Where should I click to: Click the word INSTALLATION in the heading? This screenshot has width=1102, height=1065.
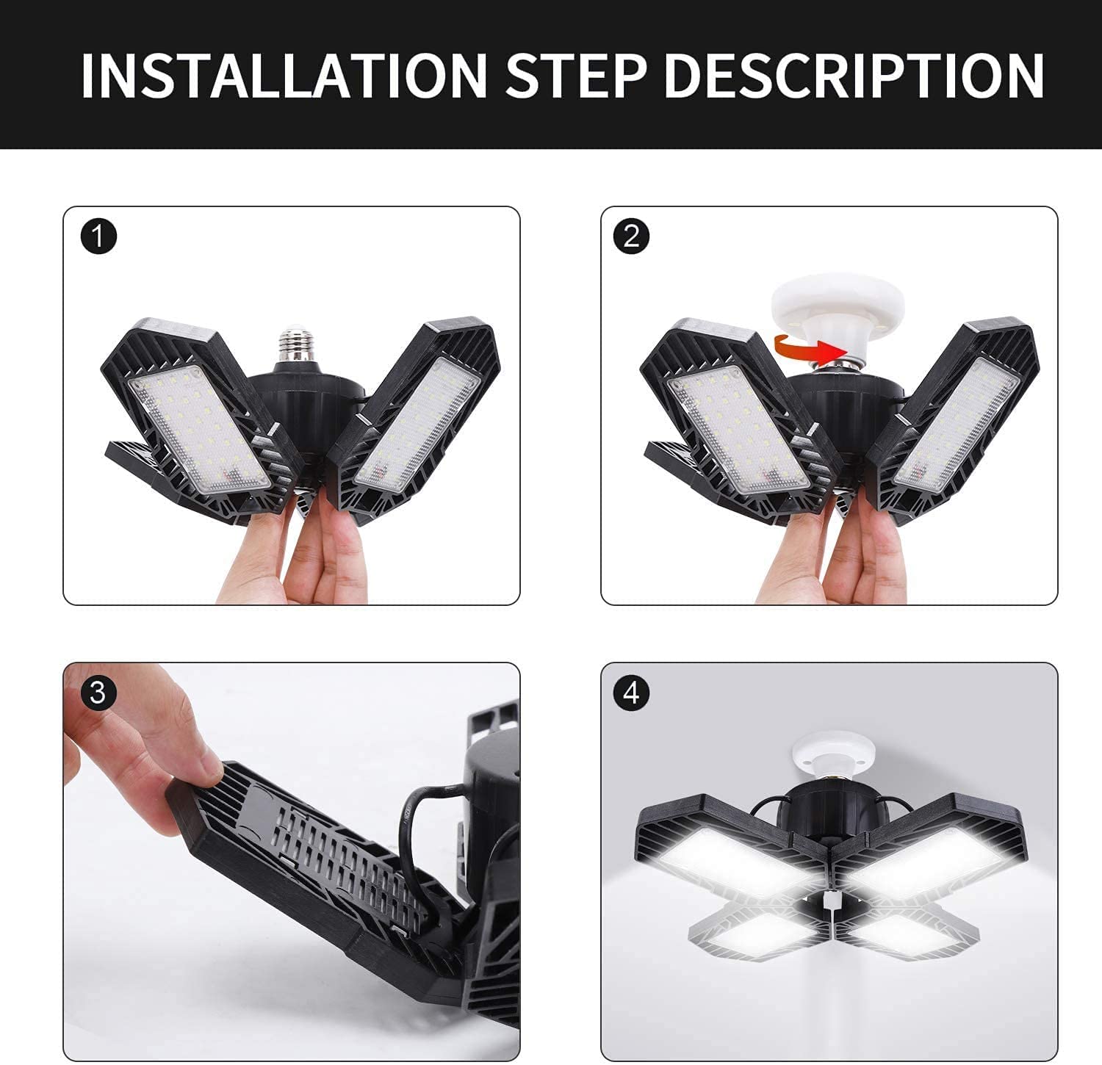tap(284, 75)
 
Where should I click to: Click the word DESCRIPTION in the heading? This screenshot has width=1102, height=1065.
tap(854, 75)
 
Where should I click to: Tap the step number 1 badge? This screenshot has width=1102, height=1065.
tap(98, 237)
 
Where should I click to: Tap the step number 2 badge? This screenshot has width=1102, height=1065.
tap(630, 237)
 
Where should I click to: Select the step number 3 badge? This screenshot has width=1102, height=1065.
tap(98, 693)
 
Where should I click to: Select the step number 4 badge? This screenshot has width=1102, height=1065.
tap(630, 693)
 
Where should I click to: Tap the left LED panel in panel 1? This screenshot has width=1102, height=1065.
tap(198, 430)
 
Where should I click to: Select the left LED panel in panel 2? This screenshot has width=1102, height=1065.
tap(738, 430)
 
